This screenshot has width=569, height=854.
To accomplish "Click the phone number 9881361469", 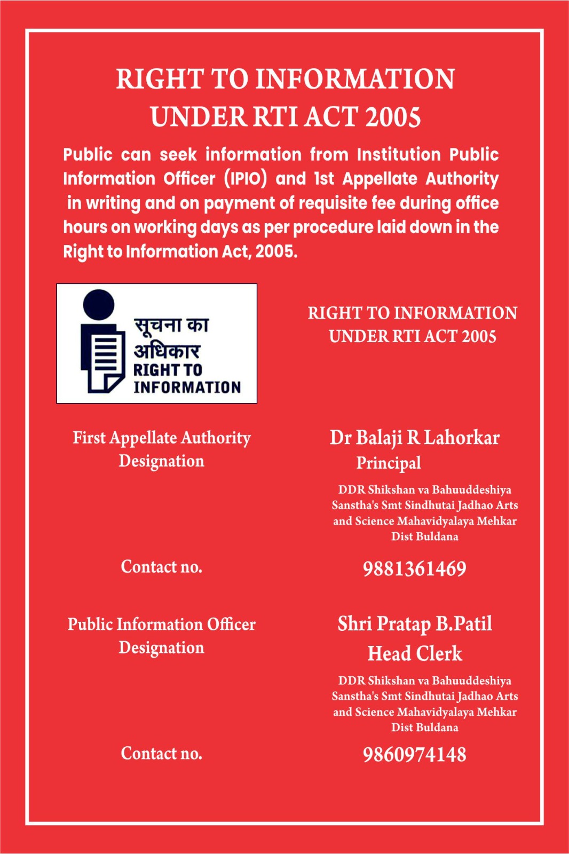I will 414,569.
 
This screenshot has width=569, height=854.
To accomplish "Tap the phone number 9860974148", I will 414,755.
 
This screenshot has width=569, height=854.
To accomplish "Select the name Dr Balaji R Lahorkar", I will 414,438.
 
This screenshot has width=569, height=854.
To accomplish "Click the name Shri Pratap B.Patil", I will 415,624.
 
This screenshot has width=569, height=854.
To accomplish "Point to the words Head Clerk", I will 415,654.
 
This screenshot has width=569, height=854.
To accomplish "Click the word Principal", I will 389,463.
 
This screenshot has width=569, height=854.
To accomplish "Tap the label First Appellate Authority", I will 162,438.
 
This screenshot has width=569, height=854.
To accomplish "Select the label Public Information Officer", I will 162,624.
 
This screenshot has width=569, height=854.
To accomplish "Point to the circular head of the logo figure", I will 99,304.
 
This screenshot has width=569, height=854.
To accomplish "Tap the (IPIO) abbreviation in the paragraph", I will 246,178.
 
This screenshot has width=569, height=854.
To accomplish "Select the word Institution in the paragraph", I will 399,154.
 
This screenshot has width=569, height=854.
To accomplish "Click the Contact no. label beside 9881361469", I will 162,567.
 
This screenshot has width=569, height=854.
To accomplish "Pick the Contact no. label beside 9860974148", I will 162,754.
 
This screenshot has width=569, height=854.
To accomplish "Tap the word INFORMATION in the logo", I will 187,387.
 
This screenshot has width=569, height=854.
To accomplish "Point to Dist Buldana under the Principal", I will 424,536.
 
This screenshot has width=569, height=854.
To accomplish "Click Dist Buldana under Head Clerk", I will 424,728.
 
